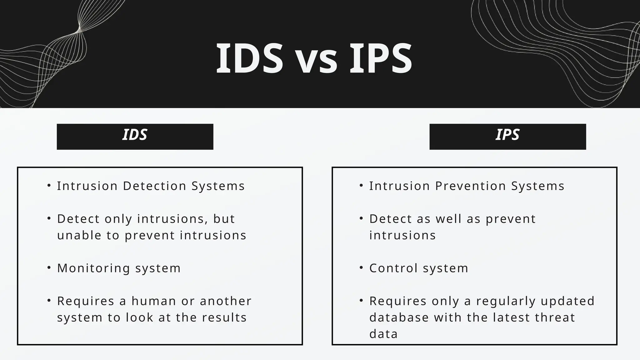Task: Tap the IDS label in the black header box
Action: (x=135, y=135)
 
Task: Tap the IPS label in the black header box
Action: (x=507, y=135)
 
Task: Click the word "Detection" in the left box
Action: (x=155, y=186)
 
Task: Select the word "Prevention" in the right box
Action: (x=471, y=186)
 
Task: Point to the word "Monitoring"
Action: (x=93, y=268)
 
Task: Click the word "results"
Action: (x=224, y=317)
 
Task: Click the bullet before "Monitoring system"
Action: (x=49, y=268)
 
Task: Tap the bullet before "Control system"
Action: (x=361, y=268)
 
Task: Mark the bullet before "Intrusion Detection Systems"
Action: (x=49, y=186)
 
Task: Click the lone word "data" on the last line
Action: (x=383, y=334)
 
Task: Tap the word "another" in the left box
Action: (x=226, y=301)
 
